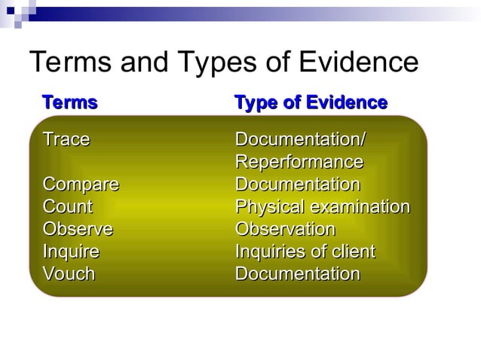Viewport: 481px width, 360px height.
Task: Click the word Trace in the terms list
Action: coord(66,139)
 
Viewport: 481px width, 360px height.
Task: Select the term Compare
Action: coord(81,185)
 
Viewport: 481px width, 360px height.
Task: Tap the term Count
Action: coord(68,206)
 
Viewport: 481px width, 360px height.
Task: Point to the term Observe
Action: coord(78,229)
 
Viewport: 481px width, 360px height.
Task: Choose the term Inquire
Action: coord(71,251)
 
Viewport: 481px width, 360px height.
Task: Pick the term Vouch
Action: coord(69,273)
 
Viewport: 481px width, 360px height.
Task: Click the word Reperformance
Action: coord(299,162)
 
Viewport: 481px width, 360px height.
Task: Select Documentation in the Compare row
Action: coord(297,185)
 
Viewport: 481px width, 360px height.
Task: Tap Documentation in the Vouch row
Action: coord(297,273)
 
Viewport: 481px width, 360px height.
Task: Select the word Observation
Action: coord(285,229)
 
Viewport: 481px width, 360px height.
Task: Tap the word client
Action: coord(354,251)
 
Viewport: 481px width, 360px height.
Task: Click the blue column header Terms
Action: coord(70,102)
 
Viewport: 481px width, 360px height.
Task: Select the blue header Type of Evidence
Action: coord(311,102)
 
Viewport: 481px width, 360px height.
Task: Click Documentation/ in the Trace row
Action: coord(300,139)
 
